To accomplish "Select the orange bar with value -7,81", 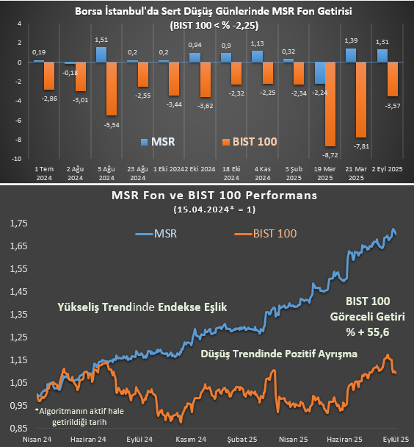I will [x=362, y=99].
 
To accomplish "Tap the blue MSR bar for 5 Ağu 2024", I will [x=101, y=54].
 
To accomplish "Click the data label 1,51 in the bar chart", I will [x=102, y=40].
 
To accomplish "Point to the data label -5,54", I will [x=112, y=126].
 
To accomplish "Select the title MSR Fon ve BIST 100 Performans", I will [x=213, y=196].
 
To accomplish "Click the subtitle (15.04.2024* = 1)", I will [x=213, y=210].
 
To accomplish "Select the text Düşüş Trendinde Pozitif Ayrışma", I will [x=278, y=354].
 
